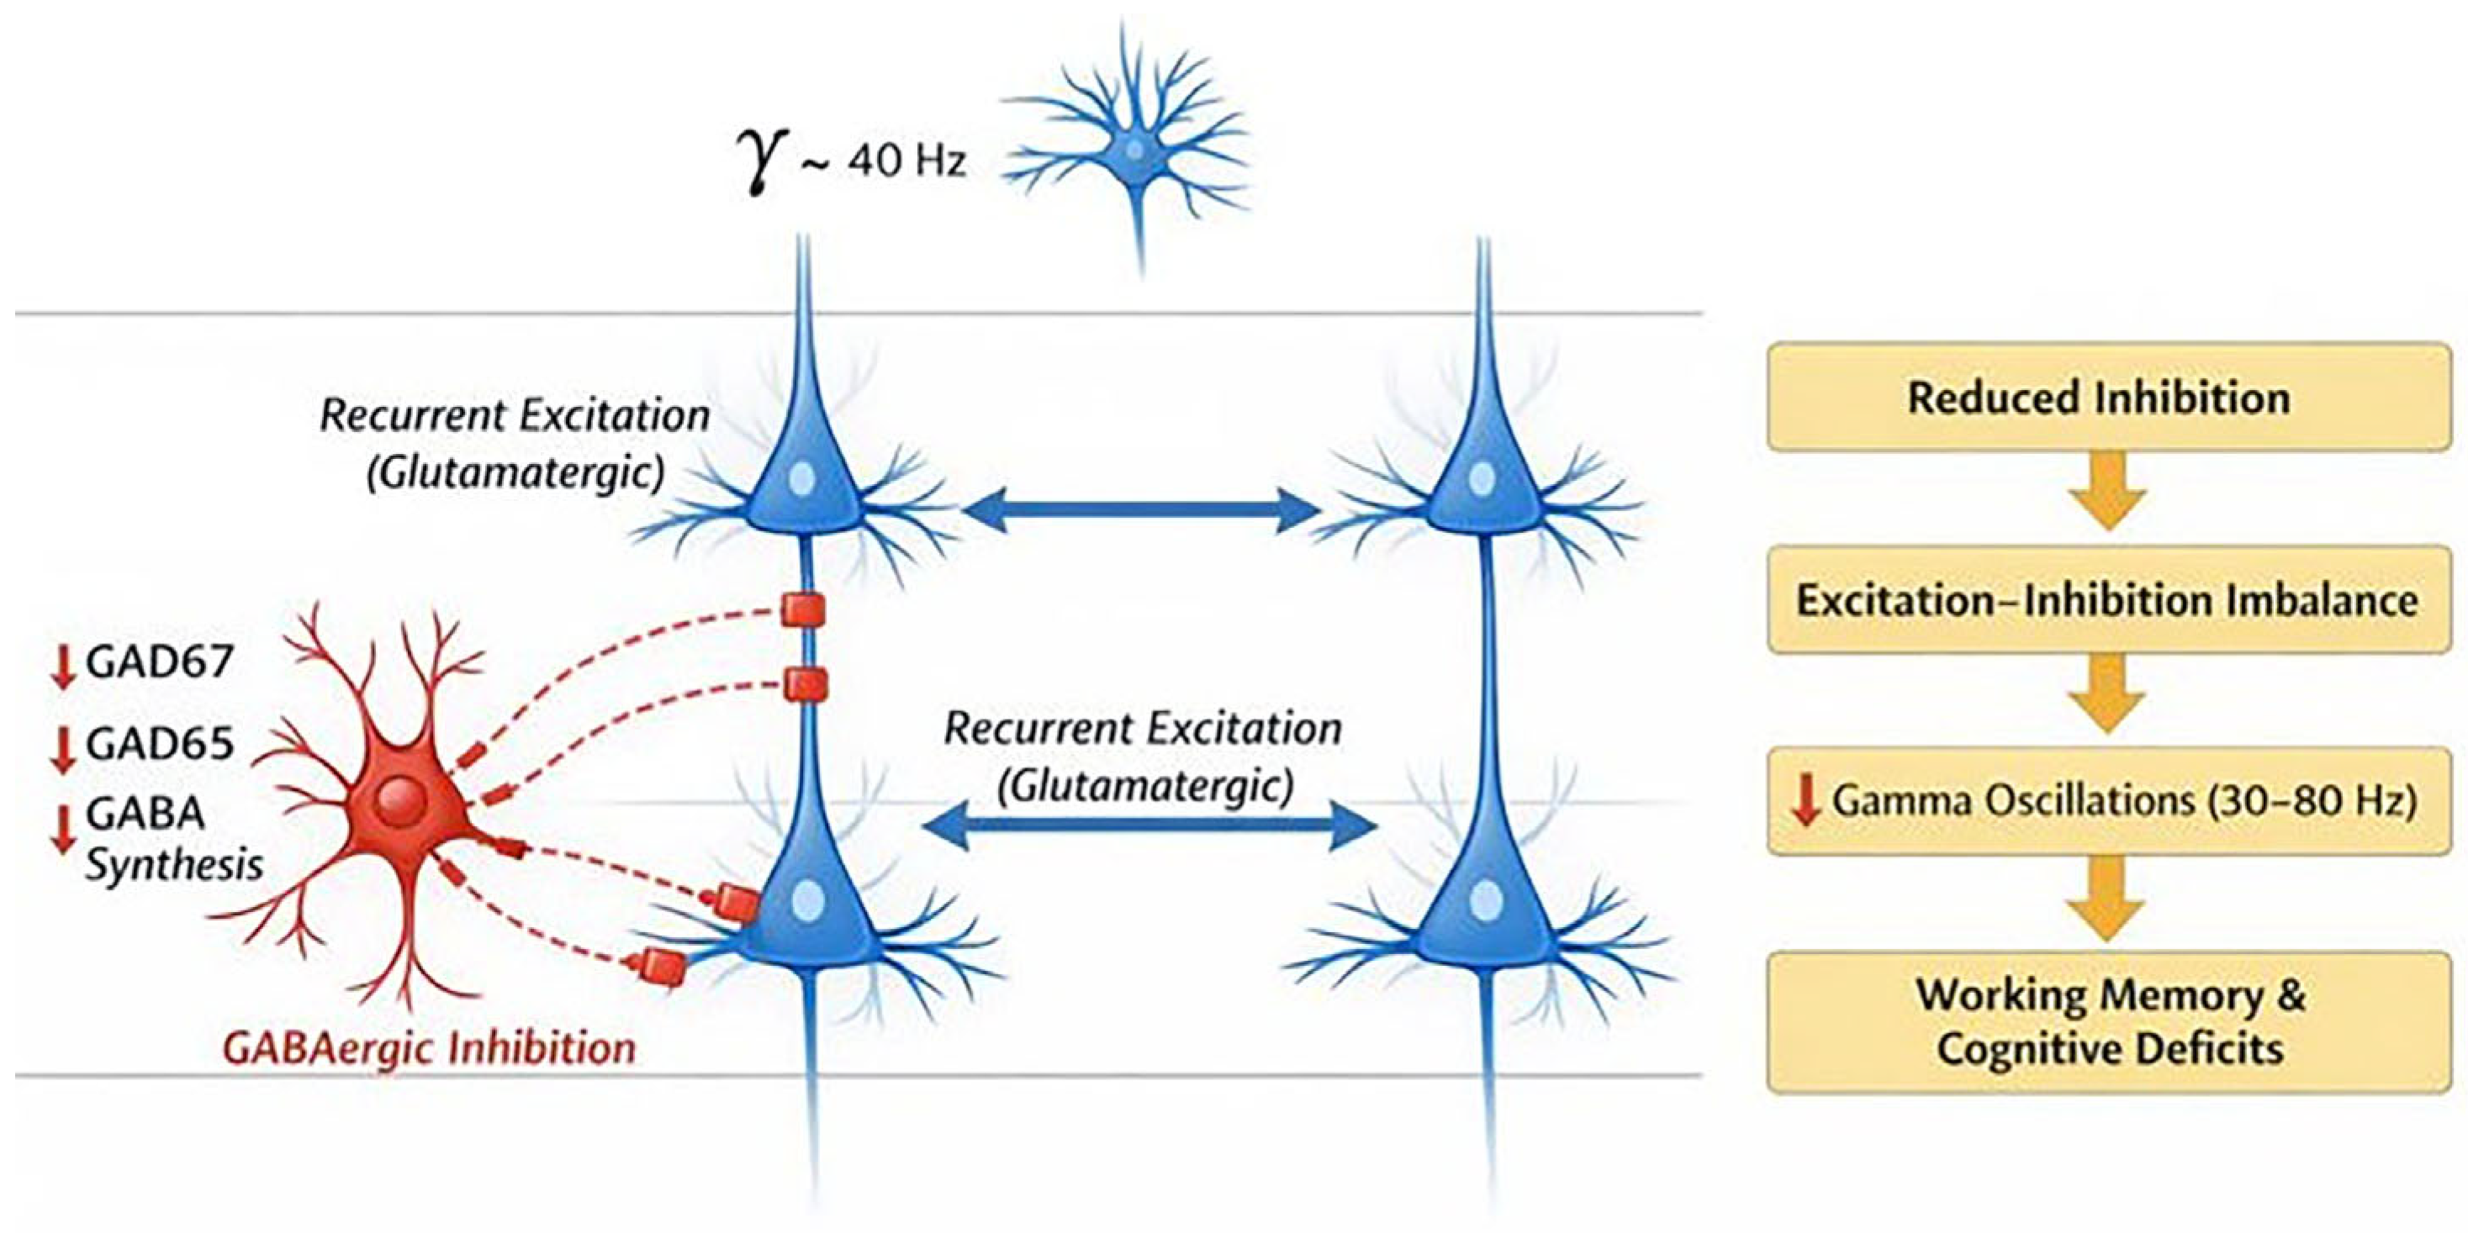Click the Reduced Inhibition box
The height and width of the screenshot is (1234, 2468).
click(2108, 397)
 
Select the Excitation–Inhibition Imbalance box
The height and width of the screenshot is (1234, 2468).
click(2108, 599)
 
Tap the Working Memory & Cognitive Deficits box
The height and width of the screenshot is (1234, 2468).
click(2108, 1021)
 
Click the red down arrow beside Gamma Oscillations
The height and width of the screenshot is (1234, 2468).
click(1806, 801)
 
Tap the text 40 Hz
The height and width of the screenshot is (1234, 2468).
click(906, 161)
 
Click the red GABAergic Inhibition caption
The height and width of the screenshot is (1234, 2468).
click(429, 1047)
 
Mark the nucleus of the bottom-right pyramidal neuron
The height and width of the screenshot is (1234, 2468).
click(1486, 899)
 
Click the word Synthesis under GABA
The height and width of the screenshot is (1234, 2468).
click(174, 865)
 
